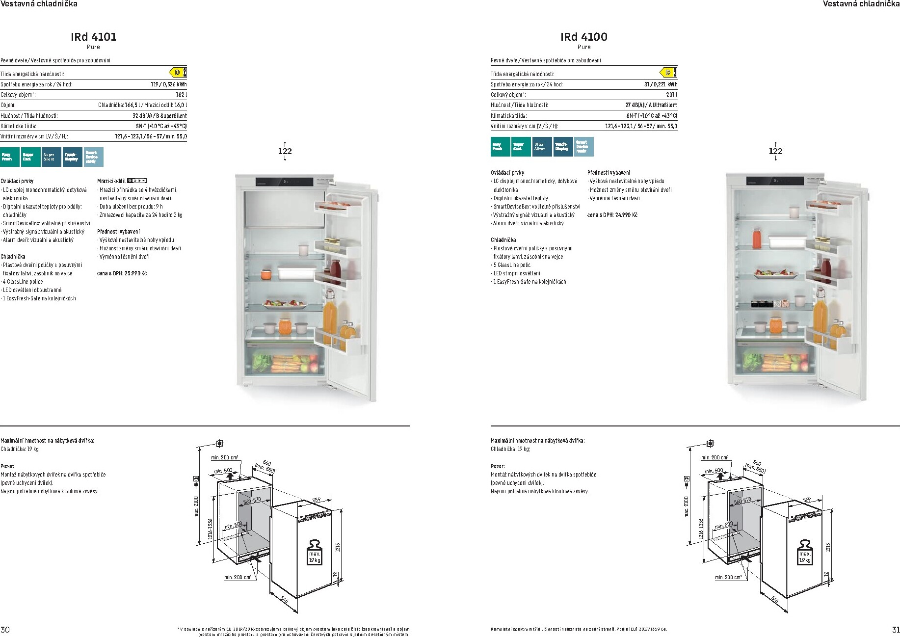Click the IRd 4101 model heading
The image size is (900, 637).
point(93,37)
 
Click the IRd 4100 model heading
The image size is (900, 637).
point(583,37)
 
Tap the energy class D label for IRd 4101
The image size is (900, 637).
point(178,73)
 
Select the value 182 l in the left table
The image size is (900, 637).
point(181,95)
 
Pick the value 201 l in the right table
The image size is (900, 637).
point(671,95)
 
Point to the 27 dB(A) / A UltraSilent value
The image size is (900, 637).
point(651,105)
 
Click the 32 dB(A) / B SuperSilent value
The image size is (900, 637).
point(159,116)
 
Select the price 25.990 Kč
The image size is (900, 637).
point(122,273)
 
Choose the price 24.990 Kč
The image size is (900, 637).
point(612,215)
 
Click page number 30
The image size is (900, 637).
point(5,630)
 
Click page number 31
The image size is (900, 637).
point(895,630)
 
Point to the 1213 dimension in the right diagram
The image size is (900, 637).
point(828,547)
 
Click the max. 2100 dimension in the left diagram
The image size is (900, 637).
point(196,507)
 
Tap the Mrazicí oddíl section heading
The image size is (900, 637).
point(111,181)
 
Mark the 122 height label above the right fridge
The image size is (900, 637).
point(775,151)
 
